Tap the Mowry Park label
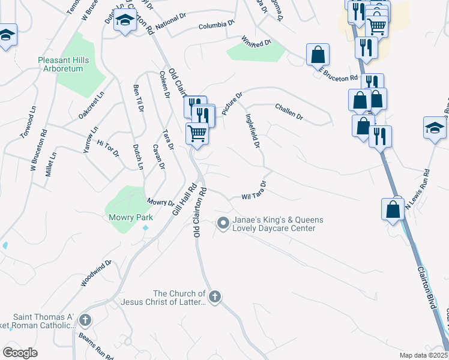[130, 217]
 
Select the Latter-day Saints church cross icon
[215, 296]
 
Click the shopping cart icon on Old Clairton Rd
[197, 133]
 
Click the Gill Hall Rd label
[183, 199]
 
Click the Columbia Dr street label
[217, 25]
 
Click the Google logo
[20, 353]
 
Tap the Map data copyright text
[423, 355]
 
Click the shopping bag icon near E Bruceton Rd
[318, 55]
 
